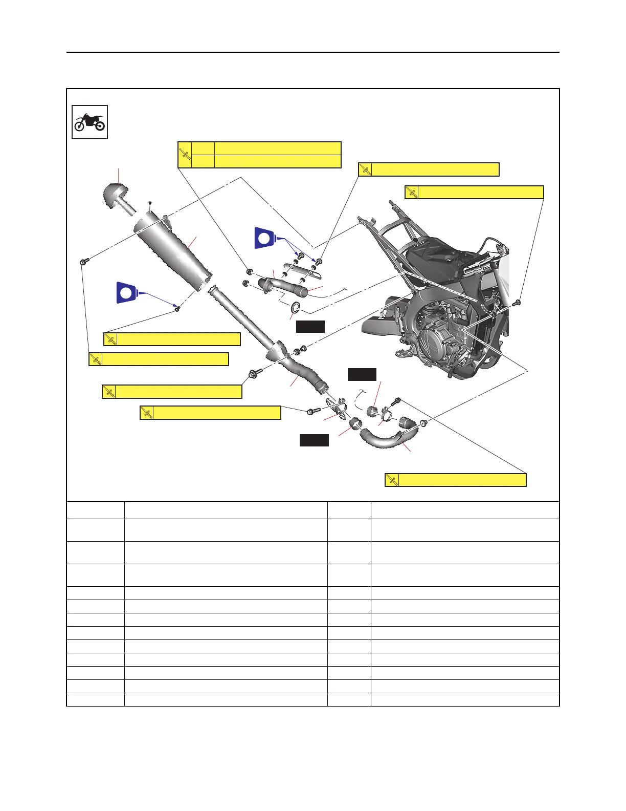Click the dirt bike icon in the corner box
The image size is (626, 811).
[x=90, y=122]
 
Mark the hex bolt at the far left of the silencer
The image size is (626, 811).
[x=83, y=262]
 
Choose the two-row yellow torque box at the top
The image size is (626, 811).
[x=259, y=155]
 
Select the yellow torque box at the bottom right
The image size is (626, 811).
[x=456, y=480]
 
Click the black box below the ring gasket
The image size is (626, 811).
[x=310, y=327]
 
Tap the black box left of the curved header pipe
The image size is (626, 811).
[x=314, y=440]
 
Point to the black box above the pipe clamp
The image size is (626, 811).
[x=362, y=374]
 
